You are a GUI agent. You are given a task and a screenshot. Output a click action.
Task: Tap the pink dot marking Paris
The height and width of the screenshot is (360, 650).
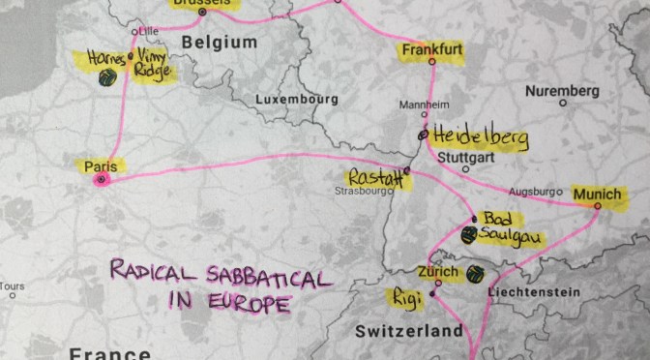pos(103,179)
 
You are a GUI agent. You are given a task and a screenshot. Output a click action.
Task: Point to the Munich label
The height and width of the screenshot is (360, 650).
pos(597,195)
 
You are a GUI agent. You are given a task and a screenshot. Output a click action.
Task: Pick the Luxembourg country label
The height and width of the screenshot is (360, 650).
pos(296,100)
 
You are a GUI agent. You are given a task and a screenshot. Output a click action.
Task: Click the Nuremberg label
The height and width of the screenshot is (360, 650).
pos(562,91)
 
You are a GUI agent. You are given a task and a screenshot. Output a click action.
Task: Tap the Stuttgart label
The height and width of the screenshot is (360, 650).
pos(465,154)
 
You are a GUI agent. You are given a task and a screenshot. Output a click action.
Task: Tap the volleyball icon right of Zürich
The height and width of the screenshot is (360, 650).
pos(474,274)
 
